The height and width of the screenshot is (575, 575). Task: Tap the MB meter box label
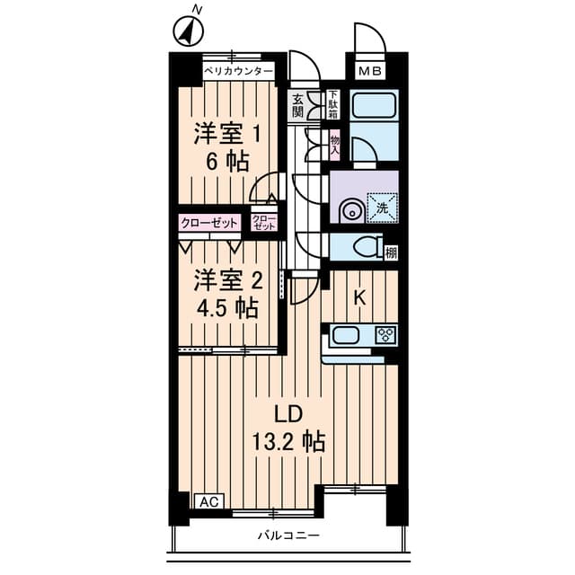tap(370, 70)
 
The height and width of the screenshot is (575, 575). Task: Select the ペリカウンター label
tap(237, 70)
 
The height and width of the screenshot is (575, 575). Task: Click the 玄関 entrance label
tap(297, 106)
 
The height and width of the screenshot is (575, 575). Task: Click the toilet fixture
tap(361, 245)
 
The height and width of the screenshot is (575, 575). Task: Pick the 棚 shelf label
tap(391, 252)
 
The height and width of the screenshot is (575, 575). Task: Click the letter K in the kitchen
tap(358, 297)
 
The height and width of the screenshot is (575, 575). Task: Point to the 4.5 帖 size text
tap(228, 308)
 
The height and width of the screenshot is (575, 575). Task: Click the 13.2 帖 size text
tap(288, 442)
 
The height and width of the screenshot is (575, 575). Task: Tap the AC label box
tap(208, 501)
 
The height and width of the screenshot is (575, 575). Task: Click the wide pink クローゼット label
tap(210, 222)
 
